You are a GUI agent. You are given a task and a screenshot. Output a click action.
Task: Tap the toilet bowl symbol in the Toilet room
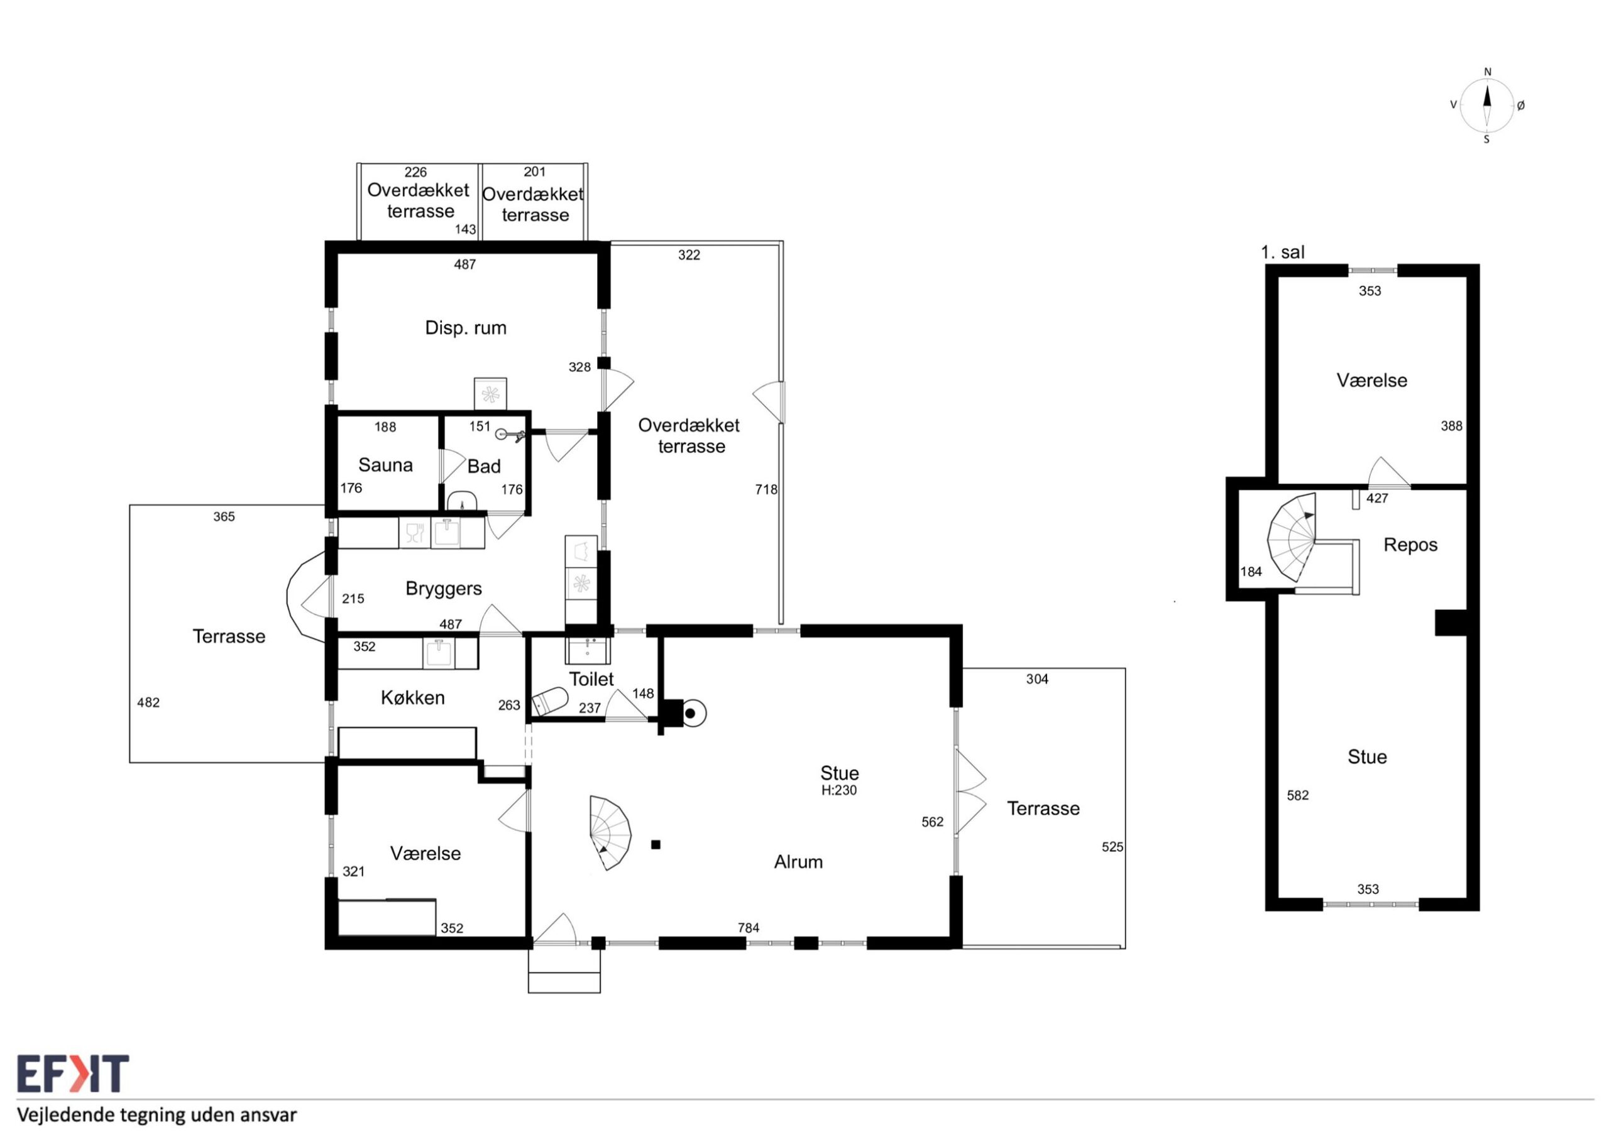pos(549,700)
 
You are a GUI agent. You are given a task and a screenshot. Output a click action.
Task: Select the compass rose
pos(1486,106)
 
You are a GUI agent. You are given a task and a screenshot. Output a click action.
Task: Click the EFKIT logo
pos(73,1074)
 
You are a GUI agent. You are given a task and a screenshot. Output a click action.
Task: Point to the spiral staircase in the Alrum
pos(610,833)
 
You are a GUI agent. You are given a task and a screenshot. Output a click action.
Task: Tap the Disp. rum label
pos(465,328)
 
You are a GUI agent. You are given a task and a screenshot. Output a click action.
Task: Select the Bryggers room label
pos(444,589)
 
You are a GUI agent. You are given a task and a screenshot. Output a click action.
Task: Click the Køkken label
pos(413,698)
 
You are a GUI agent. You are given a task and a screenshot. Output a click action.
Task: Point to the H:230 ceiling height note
pos(839,790)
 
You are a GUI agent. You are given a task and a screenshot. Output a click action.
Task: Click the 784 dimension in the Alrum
pos(749,928)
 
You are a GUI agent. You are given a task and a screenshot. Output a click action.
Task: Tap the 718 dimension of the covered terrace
pos(766,490)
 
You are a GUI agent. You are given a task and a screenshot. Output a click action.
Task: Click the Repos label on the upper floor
pos(1410,545)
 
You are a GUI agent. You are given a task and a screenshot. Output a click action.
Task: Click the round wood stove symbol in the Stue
pos(690,714)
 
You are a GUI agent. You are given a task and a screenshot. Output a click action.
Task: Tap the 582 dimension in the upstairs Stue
pos(1298,795)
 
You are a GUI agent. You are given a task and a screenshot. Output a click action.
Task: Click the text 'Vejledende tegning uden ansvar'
pos(157,1114)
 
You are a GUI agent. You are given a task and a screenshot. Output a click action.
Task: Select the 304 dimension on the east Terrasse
pos(1037,679)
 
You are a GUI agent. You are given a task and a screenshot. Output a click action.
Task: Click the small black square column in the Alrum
pos(656,845)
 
